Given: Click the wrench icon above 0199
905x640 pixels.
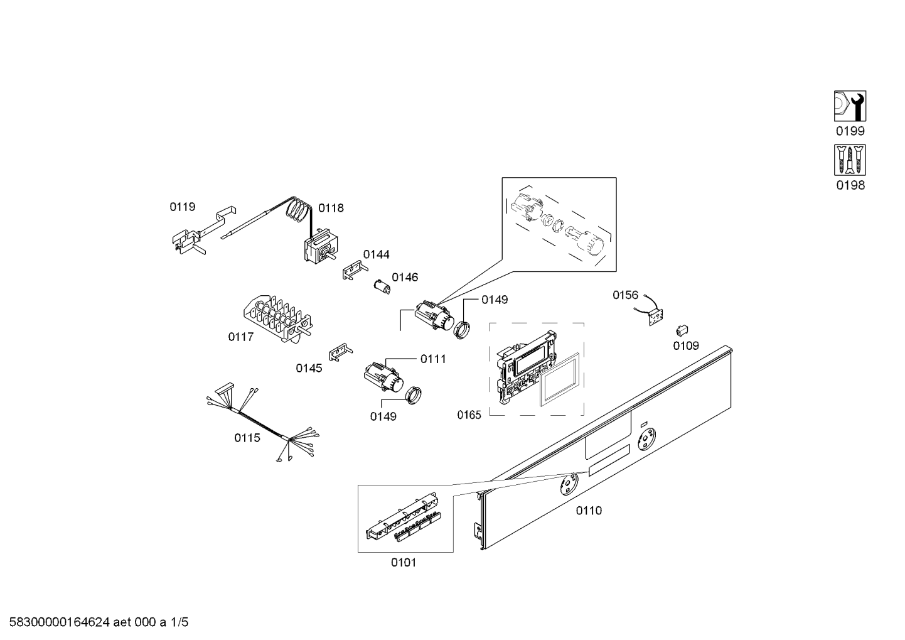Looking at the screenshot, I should pos(850,106).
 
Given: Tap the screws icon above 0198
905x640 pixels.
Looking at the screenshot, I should pos(850,160).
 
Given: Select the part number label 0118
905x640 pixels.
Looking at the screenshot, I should pos(331,208).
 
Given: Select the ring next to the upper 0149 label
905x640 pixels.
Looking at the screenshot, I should pos(463,329).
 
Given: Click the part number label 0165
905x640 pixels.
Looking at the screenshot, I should pos(469,415).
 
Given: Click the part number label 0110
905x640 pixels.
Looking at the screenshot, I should pos(589,511).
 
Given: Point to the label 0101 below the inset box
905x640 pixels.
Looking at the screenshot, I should pos(404,563).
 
